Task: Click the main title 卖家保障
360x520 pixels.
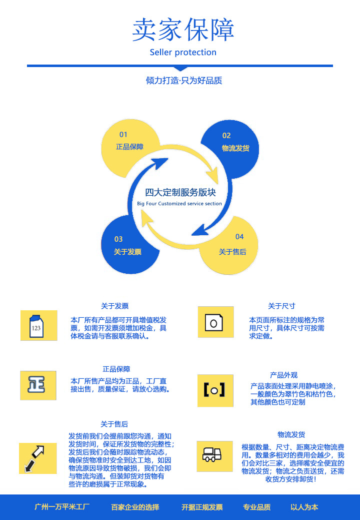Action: click(x=183, y=30)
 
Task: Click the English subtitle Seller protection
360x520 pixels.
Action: click(x=183, y=53)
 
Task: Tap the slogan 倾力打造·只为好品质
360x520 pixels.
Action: click(x=184, y=81)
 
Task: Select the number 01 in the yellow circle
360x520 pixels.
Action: click(x=123, y=135)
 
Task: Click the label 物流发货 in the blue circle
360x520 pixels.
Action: click(x=235, y=148)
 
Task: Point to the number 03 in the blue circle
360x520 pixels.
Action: click(x=118, y=239)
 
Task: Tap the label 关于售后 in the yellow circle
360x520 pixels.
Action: click(x=232, y=252)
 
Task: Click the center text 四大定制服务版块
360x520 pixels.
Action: click(x=180, y=192)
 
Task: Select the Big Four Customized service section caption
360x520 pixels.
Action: click(x=179, y=204)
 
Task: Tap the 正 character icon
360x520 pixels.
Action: click(x=38, y=385)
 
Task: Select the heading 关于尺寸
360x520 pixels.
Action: click(x=281, y=306)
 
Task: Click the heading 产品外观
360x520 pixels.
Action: click(x=283, y=375)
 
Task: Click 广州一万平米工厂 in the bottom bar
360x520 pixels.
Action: click(x=62, y=507)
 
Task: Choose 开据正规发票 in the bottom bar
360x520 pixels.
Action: click(x=202, y=507)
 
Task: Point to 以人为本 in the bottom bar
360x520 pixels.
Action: click(x=304, y=507)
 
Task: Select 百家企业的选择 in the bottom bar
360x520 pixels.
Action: click(x=135, y=507)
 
